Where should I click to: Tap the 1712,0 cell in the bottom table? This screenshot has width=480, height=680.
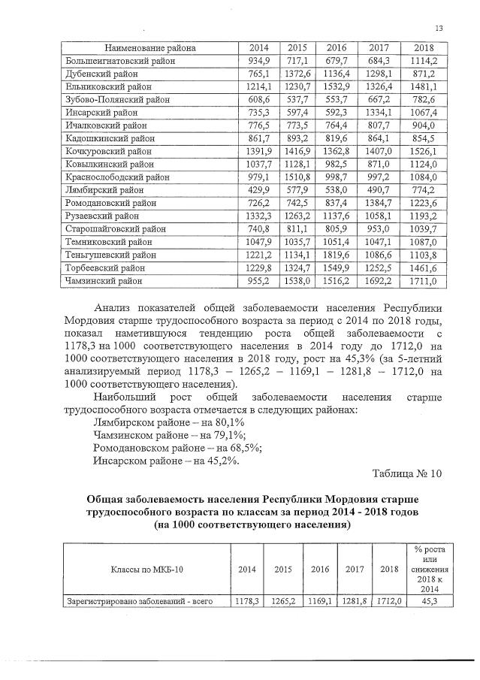pos(389,601)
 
